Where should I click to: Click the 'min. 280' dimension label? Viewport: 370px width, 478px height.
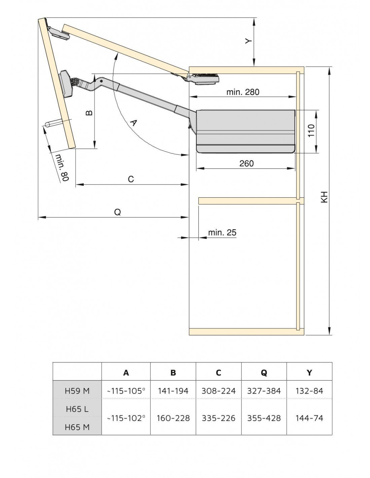pyautogui.click(x=243, y=92)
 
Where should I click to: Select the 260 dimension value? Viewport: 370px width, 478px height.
pyautogui.click(x=246, y=163)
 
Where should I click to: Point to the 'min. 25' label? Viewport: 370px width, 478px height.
pyautogui.click(x=222, y=232)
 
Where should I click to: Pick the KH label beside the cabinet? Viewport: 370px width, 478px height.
pyautogui.click(x=324, y=197)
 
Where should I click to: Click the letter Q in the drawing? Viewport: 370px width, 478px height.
pyautogui.click(x=117, y=212)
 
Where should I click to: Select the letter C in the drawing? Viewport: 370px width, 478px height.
pyautogui.click(x=131, y=179)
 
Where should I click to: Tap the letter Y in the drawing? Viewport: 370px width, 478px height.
pyautogui.click(x=248, y=41)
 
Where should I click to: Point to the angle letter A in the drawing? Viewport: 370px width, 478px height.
pyautogui.click(x=134, y=123)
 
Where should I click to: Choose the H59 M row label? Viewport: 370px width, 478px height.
pyautogui.click(x=77, y=391)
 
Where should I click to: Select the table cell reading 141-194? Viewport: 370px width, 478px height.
pyautogui.click(x=173, y=391)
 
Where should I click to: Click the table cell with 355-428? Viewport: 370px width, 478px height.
pyautogui.click(x=264, y=418)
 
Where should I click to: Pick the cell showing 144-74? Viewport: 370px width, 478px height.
pyautogui.click(x=309, y=418)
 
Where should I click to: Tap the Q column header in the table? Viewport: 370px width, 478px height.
pyautogui.click(x=264, y=372)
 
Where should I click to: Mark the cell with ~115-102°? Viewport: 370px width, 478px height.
pyautogui.click(x=126, y=418)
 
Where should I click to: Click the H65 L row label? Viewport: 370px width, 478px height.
pyautogui.click(x=77, y=409)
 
